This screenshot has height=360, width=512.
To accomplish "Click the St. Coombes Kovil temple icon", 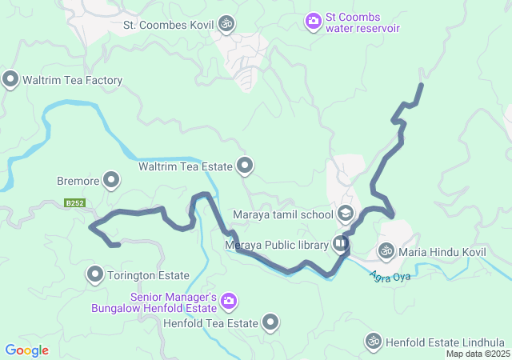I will pyautogui.click(x=227, y=24).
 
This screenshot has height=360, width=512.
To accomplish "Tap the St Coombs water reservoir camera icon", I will pyautogui.click(x=313, y=20).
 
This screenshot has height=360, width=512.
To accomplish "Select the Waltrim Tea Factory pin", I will pyautogui.click(x=10, y=79).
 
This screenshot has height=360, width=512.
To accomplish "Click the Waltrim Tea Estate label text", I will pyautogui.click(x=185, y=166).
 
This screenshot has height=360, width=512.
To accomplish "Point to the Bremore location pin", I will pyautogui.click(x=111, y=180).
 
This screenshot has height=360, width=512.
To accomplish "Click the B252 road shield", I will pyautogui.click(x=75, y=203).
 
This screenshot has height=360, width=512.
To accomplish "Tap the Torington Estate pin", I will pyautogui.click(x=95, y=275).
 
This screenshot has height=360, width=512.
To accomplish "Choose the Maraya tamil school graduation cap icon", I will pyautogui.click(x=346, y=213).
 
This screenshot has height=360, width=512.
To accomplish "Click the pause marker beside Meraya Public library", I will pyautogui.click(x=342, y=243).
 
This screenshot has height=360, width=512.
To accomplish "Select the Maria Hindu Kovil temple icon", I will pyautogui.click(x=386, y=251).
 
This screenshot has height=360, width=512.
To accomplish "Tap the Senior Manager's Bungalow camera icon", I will pyautogui.click(x=229, y=300).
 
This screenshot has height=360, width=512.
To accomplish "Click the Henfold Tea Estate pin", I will pyautogui.click(x=270, y=323).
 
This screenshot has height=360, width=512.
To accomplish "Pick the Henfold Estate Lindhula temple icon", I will pyautogui.click(x=373, y=342).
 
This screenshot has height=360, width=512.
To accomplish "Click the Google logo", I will pyautogui.click(x=26, y=350).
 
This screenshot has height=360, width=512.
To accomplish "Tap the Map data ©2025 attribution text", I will pyautogui.click(x=478, y=354).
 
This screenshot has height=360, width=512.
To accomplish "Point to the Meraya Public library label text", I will pyautogui.click(x=277, y=245).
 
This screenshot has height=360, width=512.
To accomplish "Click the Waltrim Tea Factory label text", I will pyautogui.click(x=73, y=80).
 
